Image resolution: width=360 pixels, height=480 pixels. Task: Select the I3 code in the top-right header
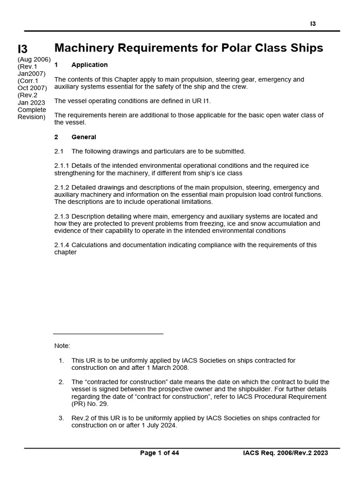[313, 24]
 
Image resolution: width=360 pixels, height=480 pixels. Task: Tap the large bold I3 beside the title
[23, 49]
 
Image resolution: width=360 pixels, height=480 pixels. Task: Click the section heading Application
[90, 65]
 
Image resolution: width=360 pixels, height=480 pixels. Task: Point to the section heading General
[83, 137]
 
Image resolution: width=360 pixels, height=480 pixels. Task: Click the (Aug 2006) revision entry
[34, 59]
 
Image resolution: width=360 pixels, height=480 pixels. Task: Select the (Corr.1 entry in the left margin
[28, 81]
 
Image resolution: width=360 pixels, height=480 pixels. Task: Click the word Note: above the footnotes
[62, 346]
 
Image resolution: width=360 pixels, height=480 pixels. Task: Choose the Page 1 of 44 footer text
[159, 453]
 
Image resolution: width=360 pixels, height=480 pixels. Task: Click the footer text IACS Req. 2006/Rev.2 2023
[285, 453]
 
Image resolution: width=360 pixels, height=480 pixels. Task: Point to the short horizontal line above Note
[108, 334]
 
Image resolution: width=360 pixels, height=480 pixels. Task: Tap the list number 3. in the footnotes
[61, 418]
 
